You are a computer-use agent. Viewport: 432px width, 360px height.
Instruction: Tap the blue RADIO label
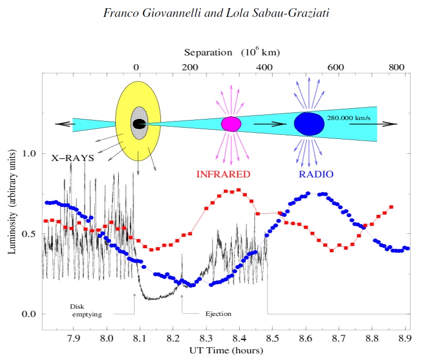click(x=316, y=174)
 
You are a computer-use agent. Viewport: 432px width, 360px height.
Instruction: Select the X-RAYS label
click(x=72, y=158)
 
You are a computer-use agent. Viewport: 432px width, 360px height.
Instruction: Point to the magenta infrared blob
click(x=231, y=124)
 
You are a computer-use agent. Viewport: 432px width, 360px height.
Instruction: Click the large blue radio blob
click(x=309, y=124)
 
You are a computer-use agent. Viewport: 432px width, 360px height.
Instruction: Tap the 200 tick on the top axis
click(x=190, y=67)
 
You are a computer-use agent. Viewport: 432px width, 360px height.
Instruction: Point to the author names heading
click(x=216, y=13)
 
